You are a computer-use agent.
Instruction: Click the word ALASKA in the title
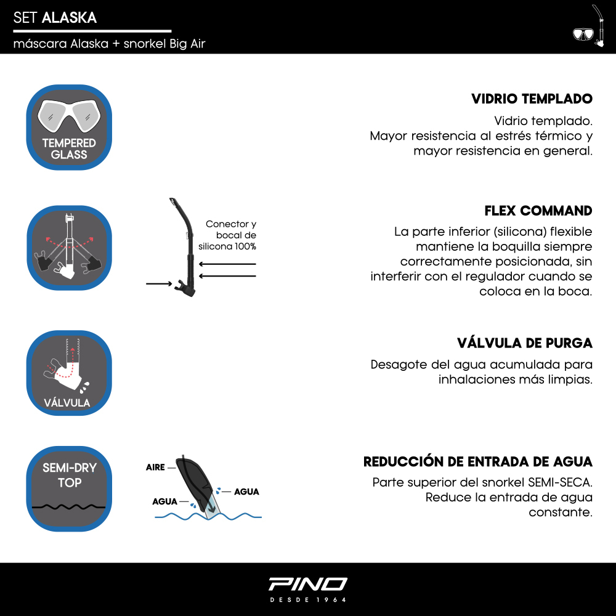pos(69,18)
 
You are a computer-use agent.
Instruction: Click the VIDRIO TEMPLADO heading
pos(532,99)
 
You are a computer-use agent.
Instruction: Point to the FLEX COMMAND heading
pos(538,211)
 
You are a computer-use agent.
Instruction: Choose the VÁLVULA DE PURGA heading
pos(524,342)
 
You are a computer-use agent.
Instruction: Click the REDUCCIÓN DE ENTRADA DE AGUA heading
pos(477,461)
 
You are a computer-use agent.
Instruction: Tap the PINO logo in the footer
pos(308,583)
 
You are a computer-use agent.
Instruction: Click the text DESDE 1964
pos(308,599)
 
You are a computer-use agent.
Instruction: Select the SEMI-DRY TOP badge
pos(69,489)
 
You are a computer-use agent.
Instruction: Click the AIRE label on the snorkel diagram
pos(155,468)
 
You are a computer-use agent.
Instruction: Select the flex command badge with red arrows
pos(69,247)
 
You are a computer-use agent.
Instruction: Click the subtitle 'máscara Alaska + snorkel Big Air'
pos(109,44)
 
